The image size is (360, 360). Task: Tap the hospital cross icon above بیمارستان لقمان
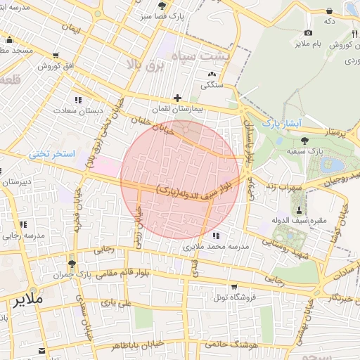177,98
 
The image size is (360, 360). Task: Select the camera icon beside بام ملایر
308,33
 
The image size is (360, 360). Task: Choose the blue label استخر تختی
57,153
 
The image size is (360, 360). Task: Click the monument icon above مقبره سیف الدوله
300,210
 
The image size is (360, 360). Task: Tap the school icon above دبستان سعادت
77,100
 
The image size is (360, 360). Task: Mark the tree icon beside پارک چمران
72,264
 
